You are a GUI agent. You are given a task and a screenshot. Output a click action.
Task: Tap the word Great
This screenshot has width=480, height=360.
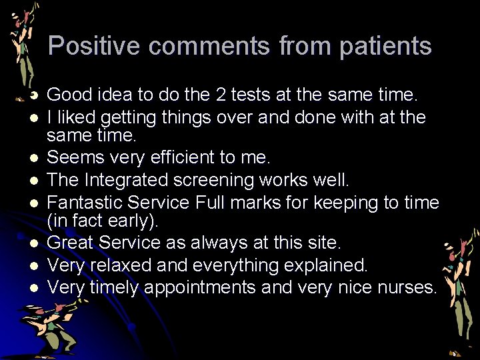pos(72,243)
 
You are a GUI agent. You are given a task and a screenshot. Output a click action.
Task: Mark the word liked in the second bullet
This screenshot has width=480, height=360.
pos(76,117)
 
